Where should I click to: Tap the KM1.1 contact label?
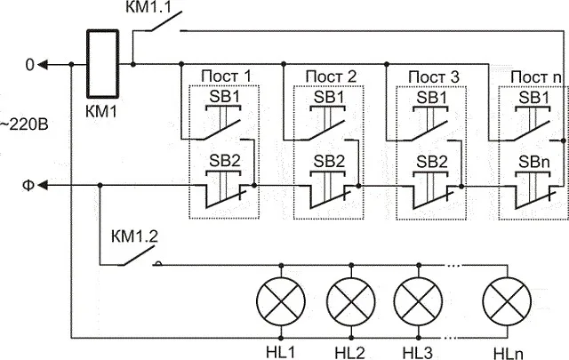[x=148, y=7]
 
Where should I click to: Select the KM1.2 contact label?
[x=134, y=236]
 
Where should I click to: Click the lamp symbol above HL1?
[x=281, y=301]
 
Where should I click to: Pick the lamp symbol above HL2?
[x=351, y=301]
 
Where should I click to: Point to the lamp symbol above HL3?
[x=418, y=301]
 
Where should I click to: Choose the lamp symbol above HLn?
[x=507, y=301]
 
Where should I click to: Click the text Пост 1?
[x=226, y=76]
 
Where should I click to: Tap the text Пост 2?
[x=331, y=76]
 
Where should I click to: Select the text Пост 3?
[x=434, y=77]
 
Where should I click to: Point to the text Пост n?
[x=536, y=77]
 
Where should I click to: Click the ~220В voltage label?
[x=24, y=124]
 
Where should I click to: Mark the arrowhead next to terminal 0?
[x=43, y=65]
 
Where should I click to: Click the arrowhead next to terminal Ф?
[x=43, y=186]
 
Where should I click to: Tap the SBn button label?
[x=534, y=162]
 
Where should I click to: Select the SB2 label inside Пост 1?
[x=225, y=161]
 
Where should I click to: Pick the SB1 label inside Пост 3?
[x=432, y=98]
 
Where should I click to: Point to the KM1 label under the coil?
[x=101, y=111]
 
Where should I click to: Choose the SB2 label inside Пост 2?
[x=329, y=161]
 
